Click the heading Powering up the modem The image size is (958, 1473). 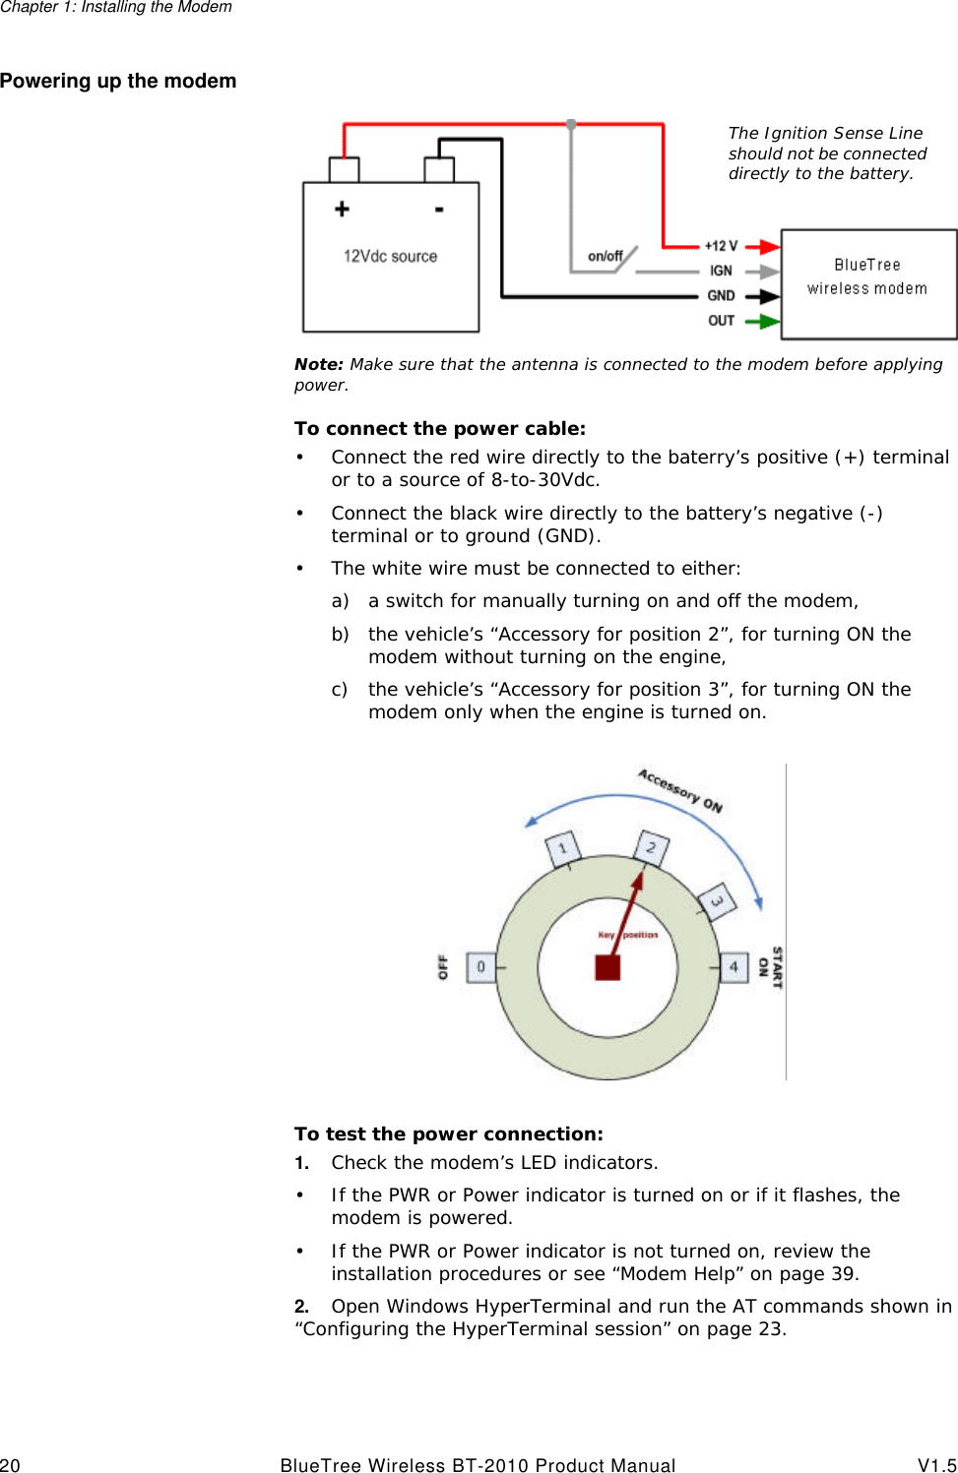[x=118, y=81]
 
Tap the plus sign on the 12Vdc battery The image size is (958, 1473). [x=342, y=209]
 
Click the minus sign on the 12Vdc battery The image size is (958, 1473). [x=439, y=209]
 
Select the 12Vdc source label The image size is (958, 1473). [x=390, y=256]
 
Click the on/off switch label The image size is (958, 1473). [x=605, y=256]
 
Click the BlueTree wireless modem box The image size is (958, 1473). [x=868, y=283]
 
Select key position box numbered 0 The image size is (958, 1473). [x=480, y=967]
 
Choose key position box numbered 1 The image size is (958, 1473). [x=563, y=848]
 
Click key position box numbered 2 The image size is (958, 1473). [x=651, y=847]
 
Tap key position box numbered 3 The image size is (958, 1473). [x=718, y=901]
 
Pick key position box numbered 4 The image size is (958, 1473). [x=734, y=967]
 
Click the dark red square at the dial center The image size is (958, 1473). [x=607, y=967]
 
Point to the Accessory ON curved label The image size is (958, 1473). [x=679, y=790]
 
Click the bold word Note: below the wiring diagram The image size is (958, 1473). [x=318, y=364]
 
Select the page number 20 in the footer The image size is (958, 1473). [x=10, y=1465]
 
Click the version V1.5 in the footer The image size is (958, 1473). [x=936, y=1465]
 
